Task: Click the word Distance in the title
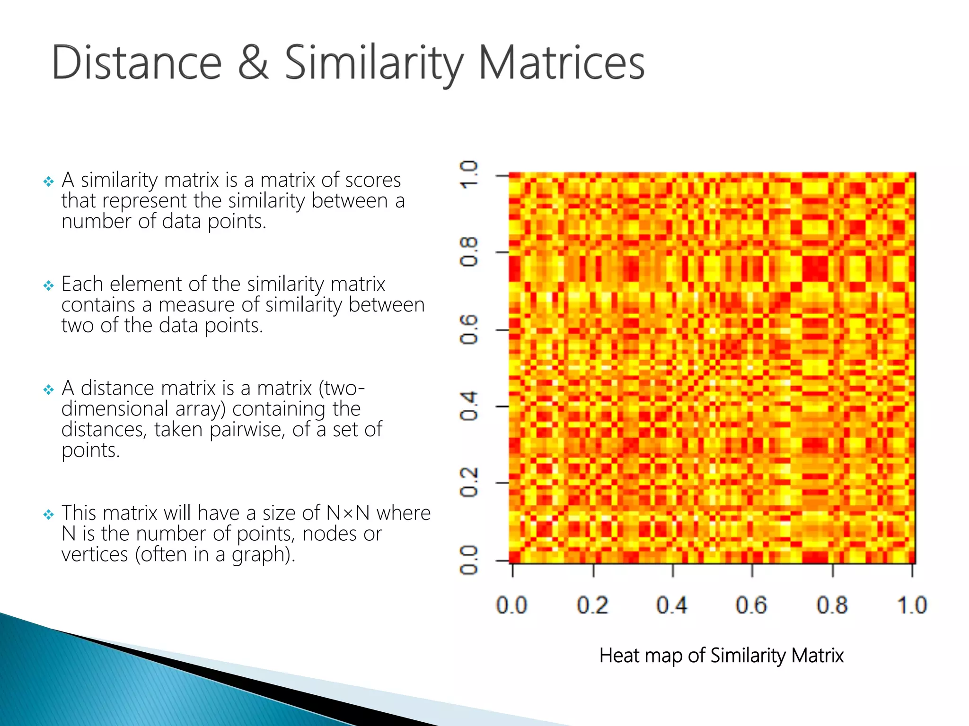[136, 63]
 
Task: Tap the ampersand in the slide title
[253, 63]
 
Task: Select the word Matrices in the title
[561, 63]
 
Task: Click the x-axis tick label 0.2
[592, 605]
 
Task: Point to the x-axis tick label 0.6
[751, 605]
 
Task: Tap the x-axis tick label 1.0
[912, 605]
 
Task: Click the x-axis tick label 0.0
[511, 605]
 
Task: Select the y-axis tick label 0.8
[469, 252]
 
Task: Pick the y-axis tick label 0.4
[469, 406]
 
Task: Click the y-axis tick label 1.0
[469, 175]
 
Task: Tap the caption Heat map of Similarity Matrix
[721, 656]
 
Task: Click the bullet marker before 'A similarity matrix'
[48, 181]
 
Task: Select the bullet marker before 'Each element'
[48, 285]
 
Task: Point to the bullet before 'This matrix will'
[48, 514]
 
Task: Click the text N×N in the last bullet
[348, 513]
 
